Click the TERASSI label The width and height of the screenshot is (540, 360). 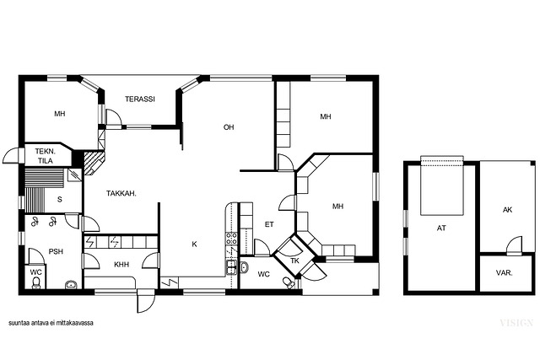tap(140, 99)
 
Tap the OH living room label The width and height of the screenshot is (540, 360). tap(229, 127)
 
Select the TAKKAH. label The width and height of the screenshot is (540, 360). tap(121, 193)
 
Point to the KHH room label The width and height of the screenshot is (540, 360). tap(121, 265)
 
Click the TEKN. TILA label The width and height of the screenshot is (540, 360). tap(45, 156)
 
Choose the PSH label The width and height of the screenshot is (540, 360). tap(56, 251)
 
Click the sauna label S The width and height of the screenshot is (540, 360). tap(60, 199)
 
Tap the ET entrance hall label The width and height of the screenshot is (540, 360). tap(269, 224)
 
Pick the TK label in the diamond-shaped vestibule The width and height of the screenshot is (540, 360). tap(294, 261)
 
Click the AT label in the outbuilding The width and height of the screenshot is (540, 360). tap(441, 228)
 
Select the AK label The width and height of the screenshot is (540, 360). tap(508, 210)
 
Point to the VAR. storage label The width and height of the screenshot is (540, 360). tap(505, 273)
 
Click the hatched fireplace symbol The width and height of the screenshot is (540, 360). tap(94, 163)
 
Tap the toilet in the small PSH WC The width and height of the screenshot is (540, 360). tap(35, 283)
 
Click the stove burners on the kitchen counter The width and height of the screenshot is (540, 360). tap(231, 238)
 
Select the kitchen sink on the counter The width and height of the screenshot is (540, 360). tap(231, 266)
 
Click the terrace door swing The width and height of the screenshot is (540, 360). tap(114, 119)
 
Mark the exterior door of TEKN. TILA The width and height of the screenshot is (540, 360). tap(13, 156)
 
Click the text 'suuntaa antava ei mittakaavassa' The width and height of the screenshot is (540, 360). tap(51, 323)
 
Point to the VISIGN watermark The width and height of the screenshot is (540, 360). tap(516, 323)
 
